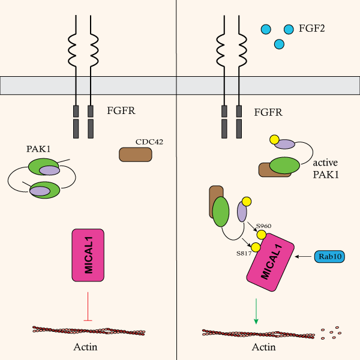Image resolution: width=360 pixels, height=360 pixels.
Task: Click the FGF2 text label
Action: pyautogui.click(x=311, y=28)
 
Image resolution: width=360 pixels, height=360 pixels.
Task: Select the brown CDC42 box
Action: pyautogui.click(x=136, y=154)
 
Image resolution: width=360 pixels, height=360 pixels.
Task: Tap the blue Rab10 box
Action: pyautogui.click(x=330, y=257)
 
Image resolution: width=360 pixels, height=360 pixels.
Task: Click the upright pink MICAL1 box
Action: pyautogui.click(x=88, y=254)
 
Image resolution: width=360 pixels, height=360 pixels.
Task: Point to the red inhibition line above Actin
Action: pyautogui.click(x=88, y=306)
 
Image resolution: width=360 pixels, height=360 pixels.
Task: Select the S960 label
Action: pyautogui.click(x=264, y=226)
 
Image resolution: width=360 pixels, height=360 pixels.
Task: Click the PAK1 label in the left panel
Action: pyautogui.click(x=37, y=148)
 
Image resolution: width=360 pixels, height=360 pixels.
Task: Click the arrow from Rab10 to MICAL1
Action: pyautogui.click(x=304, y=257)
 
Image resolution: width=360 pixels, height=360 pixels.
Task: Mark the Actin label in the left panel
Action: pyautogui.click(x=85, y=346)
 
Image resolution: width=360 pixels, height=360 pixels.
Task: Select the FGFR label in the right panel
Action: pyautogui.click(x=269, y=111)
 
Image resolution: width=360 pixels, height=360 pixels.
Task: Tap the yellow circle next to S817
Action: pyautogui.click(x=256, y=247)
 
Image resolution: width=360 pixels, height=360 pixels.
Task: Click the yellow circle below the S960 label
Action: pyautogui.click(x=262, y=235)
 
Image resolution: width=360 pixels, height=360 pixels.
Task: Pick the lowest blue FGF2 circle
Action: pyautogui.click(x=278, y=44)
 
